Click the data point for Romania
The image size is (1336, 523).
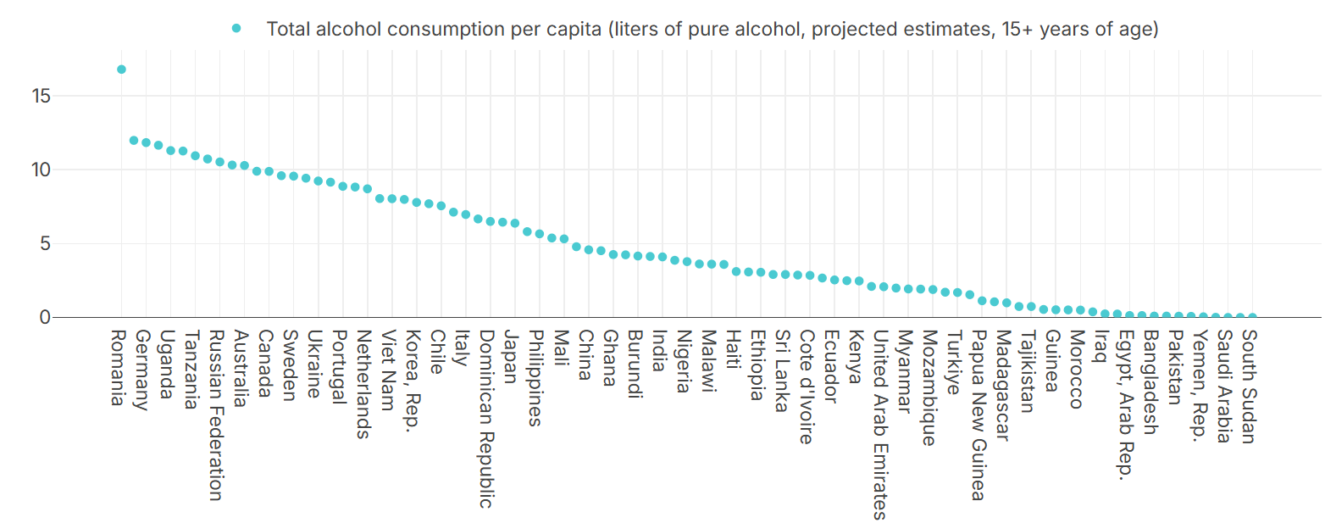pos(121,70)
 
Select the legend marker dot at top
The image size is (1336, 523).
pos(236,29)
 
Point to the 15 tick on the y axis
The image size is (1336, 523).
pos(41,96)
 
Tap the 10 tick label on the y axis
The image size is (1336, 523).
pos(41,170)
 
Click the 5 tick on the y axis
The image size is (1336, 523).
pos(45,244)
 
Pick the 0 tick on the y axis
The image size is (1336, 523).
pos(45,317)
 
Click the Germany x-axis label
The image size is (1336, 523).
pos(142,370)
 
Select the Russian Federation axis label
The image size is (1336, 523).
pos(216,415)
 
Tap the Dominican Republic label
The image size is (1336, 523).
pos(486,419)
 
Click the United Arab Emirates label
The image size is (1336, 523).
pos(879,425)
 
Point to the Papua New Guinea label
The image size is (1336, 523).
pos(978,415)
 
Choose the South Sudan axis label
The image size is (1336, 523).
pos(1249,387)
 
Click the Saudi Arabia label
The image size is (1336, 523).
pos(1224,387)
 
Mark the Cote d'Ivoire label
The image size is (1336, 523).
pos(806,387)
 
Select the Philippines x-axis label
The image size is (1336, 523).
pos(535,378)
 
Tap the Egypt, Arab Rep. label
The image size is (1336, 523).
pos(1125,403)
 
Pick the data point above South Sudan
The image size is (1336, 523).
pos(1252,317)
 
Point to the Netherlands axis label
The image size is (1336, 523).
pos(363,384)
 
